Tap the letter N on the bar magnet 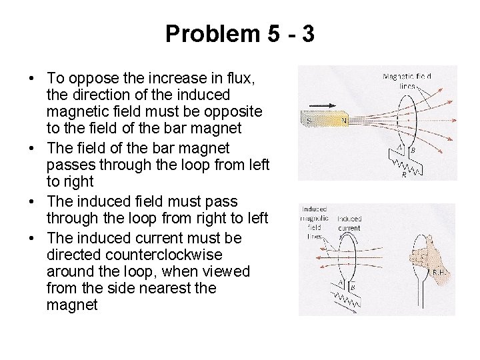tap(345, 120)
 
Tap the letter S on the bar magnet tap(309, 120)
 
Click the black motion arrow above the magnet tap(324, 105)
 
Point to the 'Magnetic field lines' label tap(407, 81)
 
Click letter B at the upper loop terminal tap(413, 151)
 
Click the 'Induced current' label tap(349, 223)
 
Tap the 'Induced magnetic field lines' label tap(314, 223)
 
